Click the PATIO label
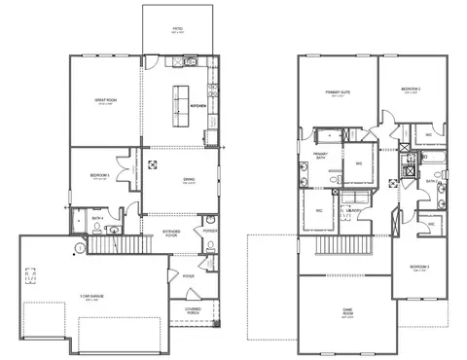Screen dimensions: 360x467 pos(178,29)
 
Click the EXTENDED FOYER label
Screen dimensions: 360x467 pos(172,232)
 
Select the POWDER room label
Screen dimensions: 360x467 pos(211,231)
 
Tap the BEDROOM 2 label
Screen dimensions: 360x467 pos(410,89)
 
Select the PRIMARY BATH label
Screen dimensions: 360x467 pos(320,156)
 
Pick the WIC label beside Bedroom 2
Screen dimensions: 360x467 pos(429,136)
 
